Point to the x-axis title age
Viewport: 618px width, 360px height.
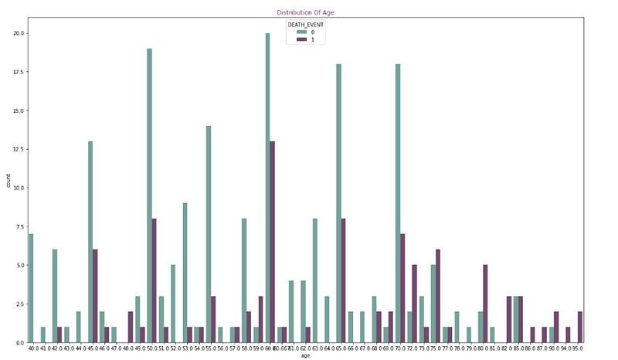[x=306, y=357]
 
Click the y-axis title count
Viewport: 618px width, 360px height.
[x=9, y=181]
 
